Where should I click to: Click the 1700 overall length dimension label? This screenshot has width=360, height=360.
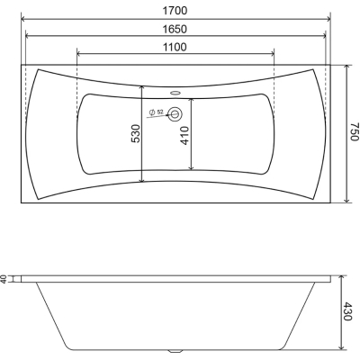tap(175, 11)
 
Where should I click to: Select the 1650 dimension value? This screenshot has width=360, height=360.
tap(175, 29)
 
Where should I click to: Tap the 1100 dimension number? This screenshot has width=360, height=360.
tap(175, 47)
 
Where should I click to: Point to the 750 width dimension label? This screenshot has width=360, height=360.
tap(355, 131)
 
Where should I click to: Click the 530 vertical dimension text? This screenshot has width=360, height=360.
tap(136, 133)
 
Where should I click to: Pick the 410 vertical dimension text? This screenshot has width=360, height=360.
tap(184, 136)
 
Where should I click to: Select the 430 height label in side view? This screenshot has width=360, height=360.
tap(347, 311)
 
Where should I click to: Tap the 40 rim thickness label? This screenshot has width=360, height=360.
tap(4, 279)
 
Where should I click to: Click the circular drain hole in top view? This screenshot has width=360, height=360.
tap(175, 114)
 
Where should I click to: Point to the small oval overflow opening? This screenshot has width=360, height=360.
tap(175, 93)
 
